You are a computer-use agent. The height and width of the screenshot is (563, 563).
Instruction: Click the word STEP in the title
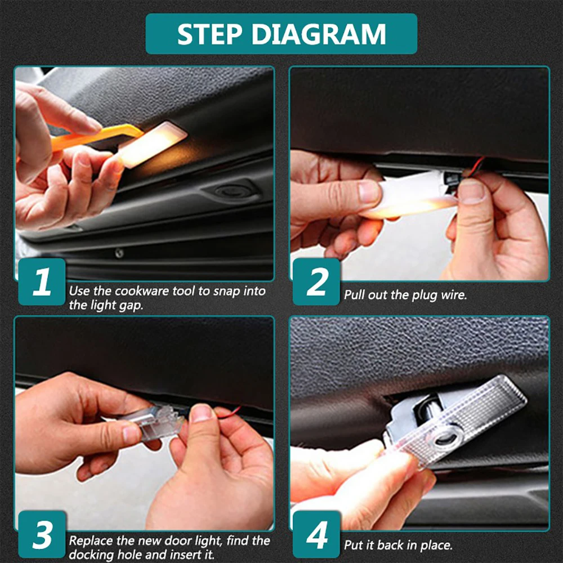coord(211,34)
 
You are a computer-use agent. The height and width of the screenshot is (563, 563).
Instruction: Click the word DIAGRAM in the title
coord(319,34)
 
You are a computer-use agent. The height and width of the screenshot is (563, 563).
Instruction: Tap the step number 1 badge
coord(42,282)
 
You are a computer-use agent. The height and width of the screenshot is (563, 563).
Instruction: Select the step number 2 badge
coord(316,282)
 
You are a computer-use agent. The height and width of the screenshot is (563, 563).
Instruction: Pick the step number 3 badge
coord(42,534)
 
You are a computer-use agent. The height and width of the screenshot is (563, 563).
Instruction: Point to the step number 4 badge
coord(316,534)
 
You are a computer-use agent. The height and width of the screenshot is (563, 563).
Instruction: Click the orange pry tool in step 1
coord(97,136)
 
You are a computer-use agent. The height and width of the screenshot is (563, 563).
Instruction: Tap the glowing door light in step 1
coord(153,145)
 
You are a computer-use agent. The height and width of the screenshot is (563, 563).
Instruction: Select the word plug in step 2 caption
coord(425,296)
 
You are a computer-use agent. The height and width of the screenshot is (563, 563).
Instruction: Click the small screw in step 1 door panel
coord(119,253)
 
